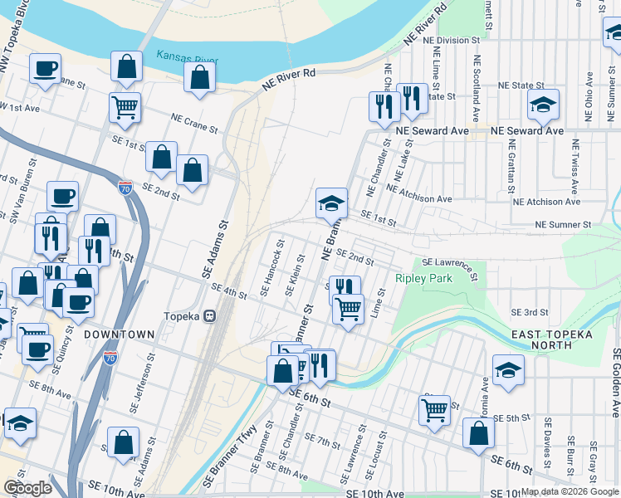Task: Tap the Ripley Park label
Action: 424,279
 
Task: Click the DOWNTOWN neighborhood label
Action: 119,334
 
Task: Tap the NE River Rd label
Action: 289,79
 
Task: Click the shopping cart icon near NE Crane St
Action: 125,107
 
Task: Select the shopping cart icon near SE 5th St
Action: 435,409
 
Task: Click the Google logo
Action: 27,488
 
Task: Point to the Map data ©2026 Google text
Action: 569,491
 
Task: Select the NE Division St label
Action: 452,40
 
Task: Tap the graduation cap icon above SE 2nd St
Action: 330,203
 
